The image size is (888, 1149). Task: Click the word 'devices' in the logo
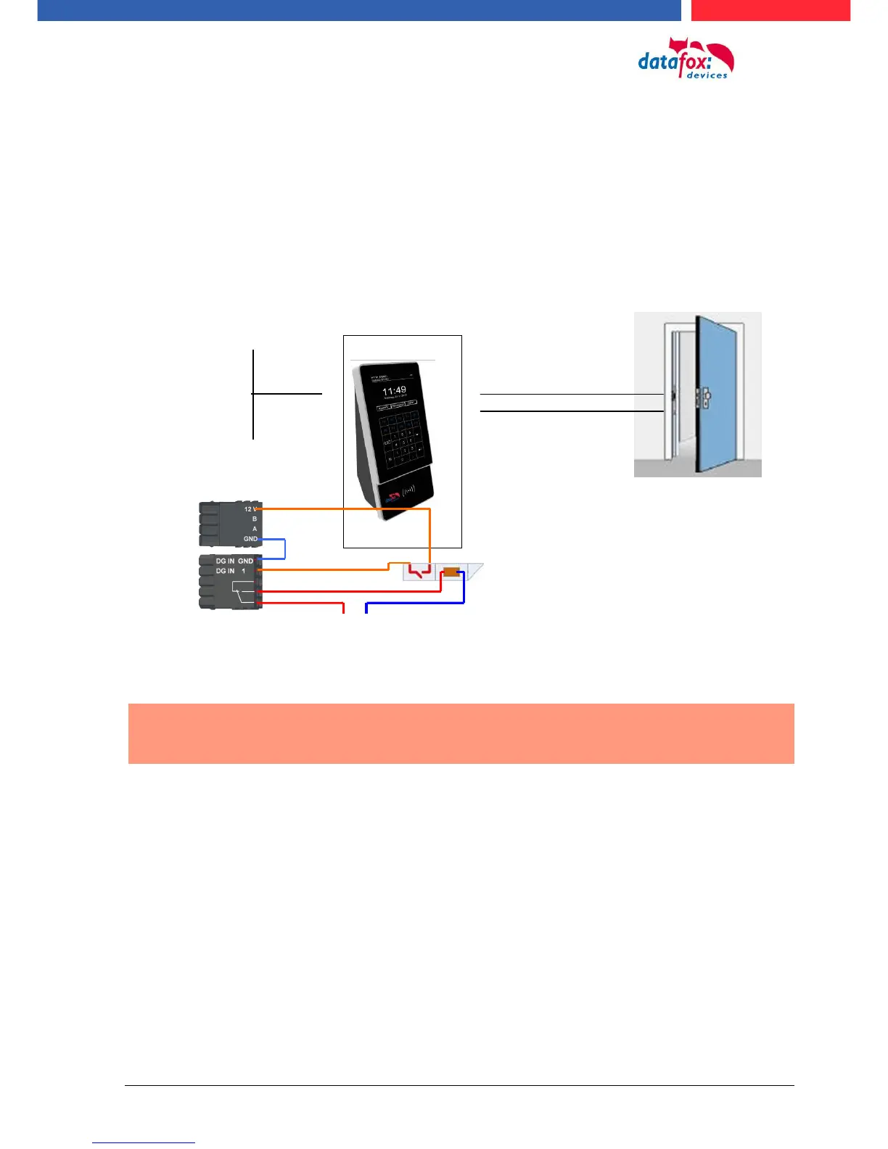point(707,75)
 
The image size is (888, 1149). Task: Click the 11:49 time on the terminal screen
point(394,390)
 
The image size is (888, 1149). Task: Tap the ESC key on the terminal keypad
point(387,442)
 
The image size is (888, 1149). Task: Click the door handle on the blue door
point(705,398)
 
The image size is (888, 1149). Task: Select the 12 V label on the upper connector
point(250,509)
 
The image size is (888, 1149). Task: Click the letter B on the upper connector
point(254,519)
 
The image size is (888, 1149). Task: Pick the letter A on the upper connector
point(254,529)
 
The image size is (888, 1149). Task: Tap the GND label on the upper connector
point(250,539)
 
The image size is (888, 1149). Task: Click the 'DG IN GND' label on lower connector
point(234,561)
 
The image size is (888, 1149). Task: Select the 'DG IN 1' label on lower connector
point(231,571)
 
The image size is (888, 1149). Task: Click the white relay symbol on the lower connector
point(243,591)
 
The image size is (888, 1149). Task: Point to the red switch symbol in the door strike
point(419,572)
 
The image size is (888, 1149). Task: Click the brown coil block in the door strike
point(451,572)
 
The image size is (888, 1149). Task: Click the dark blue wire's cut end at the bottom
point(366,611)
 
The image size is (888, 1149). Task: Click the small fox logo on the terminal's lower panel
point(392,498)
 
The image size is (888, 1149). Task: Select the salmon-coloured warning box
point(461,733)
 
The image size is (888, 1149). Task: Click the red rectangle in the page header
point(770,10)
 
